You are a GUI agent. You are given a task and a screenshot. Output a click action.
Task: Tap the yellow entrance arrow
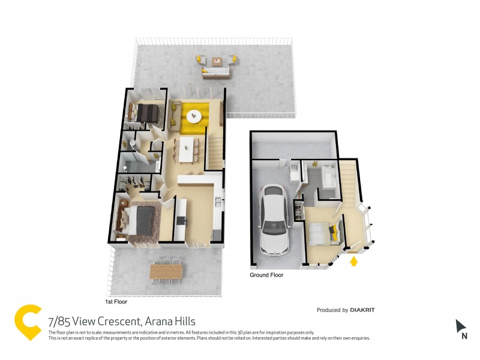click(x=354, y=261)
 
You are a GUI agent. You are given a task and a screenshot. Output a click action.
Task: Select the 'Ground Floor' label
click(x=266, y=275)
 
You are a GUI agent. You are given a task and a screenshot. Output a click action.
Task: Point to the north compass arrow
click(x=461, y=326)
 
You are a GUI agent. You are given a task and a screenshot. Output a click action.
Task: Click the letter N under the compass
click(x=464, y=337)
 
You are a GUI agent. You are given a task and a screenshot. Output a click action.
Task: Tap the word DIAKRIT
click(x=367, y=310)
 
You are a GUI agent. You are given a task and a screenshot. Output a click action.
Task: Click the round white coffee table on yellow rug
click(x=195, y=115)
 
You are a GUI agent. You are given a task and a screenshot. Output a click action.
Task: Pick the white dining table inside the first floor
click(x=189, y=148)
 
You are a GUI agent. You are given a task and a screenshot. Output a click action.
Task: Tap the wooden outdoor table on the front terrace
click(x=166, y=272)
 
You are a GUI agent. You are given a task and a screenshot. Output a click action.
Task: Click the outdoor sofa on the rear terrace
click(x=216, y=73)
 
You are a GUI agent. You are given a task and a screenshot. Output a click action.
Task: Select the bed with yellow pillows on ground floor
click(x=323, y=231)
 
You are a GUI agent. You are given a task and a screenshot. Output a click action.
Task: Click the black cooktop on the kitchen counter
click(x=181, y=220)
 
